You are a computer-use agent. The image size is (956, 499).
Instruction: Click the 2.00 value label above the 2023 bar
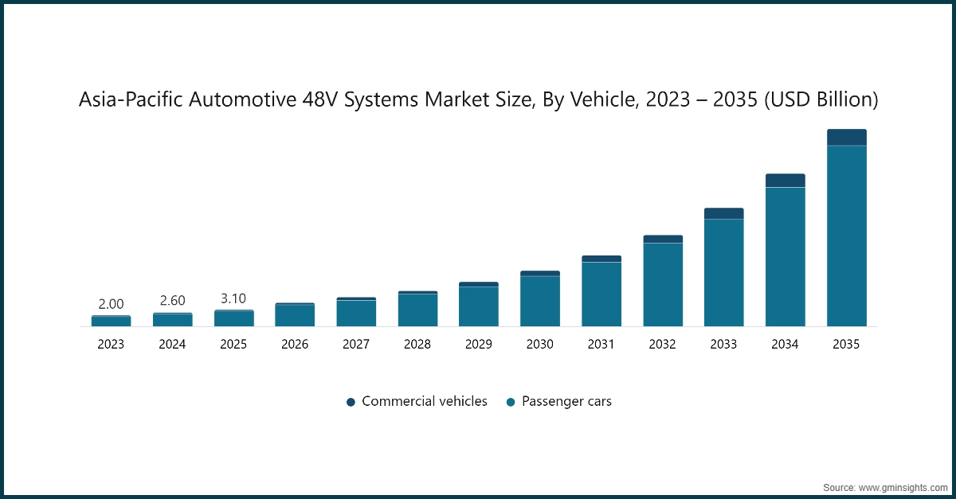point(111,304)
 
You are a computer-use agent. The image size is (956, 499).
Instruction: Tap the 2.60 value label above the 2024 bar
point(172,301)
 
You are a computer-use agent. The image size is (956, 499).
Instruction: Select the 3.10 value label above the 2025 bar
point(233,298)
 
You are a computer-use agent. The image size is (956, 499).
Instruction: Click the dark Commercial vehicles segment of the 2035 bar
point(846,137)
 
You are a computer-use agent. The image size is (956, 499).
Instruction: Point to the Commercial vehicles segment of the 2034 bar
point(785,181)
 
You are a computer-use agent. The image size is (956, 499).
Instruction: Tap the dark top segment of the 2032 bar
point(662,239)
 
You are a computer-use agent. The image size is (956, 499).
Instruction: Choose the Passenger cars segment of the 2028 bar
point(417,310)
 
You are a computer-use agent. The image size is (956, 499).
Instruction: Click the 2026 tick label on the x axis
point(295,345)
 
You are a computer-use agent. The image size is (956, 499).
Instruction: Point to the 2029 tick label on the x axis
point(479,345)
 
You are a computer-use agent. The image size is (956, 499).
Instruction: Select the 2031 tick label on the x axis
point(601,345)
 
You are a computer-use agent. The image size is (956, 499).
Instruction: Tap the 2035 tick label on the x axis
point(846,345)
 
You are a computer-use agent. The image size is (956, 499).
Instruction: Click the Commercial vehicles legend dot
point(351,403)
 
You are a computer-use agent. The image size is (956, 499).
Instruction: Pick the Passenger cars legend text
point(566,402)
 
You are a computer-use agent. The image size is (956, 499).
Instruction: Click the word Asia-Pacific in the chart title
point(128,99)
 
